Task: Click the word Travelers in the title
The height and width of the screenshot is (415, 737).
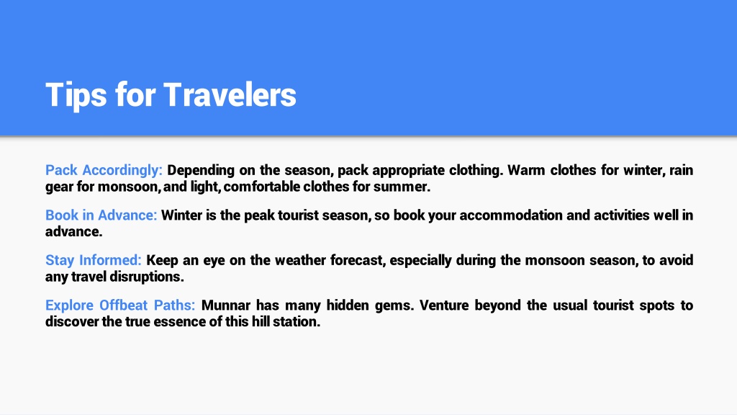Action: click(x=230, y=94)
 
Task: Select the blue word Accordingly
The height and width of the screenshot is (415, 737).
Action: click(x=122, y=170)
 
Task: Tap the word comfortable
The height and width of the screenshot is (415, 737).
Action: click(x=262, y=187)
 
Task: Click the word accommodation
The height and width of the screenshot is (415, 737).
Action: click(x=510, y=215)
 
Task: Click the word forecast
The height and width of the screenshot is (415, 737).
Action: click(x=357, y=260)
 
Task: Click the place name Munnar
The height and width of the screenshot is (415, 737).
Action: click(x=225, y=305)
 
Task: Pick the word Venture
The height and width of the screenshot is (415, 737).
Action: click(x=443, y=305)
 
